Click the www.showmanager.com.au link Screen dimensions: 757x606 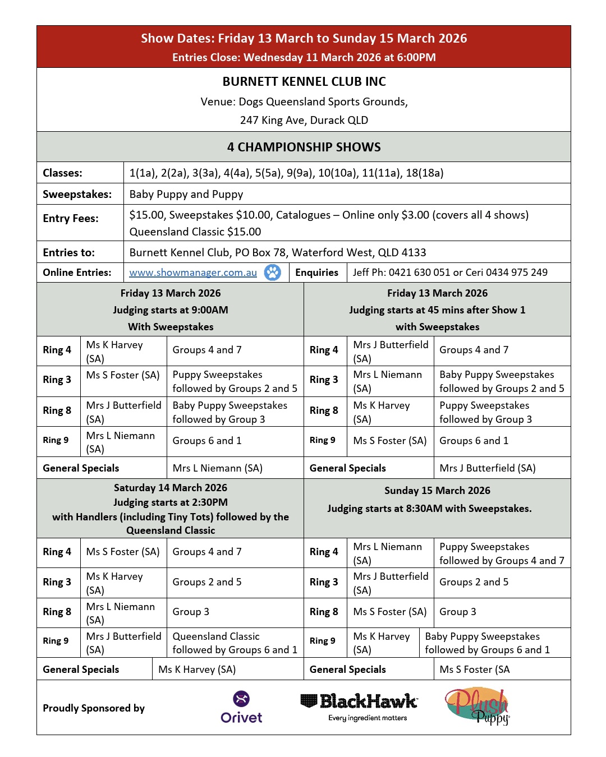tap(193, 273)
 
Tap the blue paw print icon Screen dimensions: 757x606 tap(273, 273)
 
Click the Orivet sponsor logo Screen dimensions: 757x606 tap(241, 707)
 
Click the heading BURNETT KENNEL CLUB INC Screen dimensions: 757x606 tap(304, 82)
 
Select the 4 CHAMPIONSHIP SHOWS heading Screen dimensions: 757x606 tap(304, 147)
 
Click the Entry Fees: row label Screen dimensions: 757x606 tap(71, 219)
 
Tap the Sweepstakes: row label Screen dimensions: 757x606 tap(77, 195)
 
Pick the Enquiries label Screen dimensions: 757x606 tap(317, 273)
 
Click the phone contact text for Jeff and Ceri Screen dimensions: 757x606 tap(450, 273)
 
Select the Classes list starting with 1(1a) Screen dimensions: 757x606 tap(286, 173)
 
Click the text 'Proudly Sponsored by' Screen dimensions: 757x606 tap(94, 708)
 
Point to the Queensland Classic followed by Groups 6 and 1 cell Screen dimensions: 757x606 tap(235, 643)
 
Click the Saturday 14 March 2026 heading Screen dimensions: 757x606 tap(171, 488)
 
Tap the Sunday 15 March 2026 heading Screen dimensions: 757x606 tap(437, 491)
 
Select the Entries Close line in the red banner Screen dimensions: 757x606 tap(304, 57)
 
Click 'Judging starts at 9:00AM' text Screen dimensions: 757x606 tap(171, 310)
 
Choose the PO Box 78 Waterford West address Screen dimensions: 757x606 tap(278, 252)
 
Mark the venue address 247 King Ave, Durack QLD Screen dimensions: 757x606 tap(304, 120)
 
